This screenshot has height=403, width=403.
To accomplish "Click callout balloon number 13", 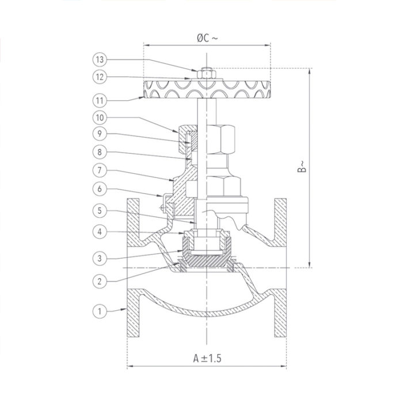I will [x=100, y=59].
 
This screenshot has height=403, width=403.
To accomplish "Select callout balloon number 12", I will [x=100, y=77].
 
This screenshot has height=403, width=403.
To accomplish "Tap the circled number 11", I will [x=100, y=100].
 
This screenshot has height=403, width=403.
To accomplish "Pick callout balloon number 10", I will [x=100, y=118].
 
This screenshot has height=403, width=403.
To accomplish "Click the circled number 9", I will [x=100, y=135].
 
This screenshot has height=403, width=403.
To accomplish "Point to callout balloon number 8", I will [x=100, y=153].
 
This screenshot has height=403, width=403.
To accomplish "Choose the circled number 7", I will [x=100, y=171].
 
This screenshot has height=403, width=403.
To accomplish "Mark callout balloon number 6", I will [x=100, y=189].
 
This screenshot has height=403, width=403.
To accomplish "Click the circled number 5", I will [x=100, y=211].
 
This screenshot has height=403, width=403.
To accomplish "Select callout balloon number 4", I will [x=100, y=232].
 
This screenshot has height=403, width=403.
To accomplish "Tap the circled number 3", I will [x=100, y=257].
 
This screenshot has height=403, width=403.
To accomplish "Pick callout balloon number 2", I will [x=100, y=280].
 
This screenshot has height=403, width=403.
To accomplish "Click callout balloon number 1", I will [x=100, y=311].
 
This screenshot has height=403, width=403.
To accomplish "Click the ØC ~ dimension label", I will [x=207, y=38].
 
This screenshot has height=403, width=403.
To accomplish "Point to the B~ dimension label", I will [x=301, y=168].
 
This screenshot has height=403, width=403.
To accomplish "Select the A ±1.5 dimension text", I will [x=207, y=358].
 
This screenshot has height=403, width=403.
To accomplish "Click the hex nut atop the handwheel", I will [x=206, y=73].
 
